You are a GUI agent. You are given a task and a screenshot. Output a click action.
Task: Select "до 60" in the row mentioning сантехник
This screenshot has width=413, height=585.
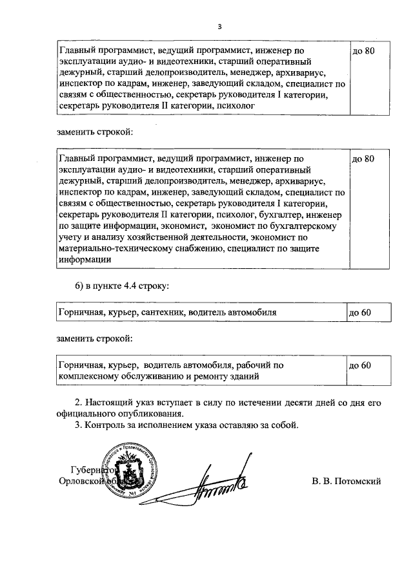360,312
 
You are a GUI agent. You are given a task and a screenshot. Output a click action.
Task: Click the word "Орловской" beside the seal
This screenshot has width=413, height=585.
79,481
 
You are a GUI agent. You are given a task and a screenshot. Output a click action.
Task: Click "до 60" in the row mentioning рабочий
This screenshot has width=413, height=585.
360,365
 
